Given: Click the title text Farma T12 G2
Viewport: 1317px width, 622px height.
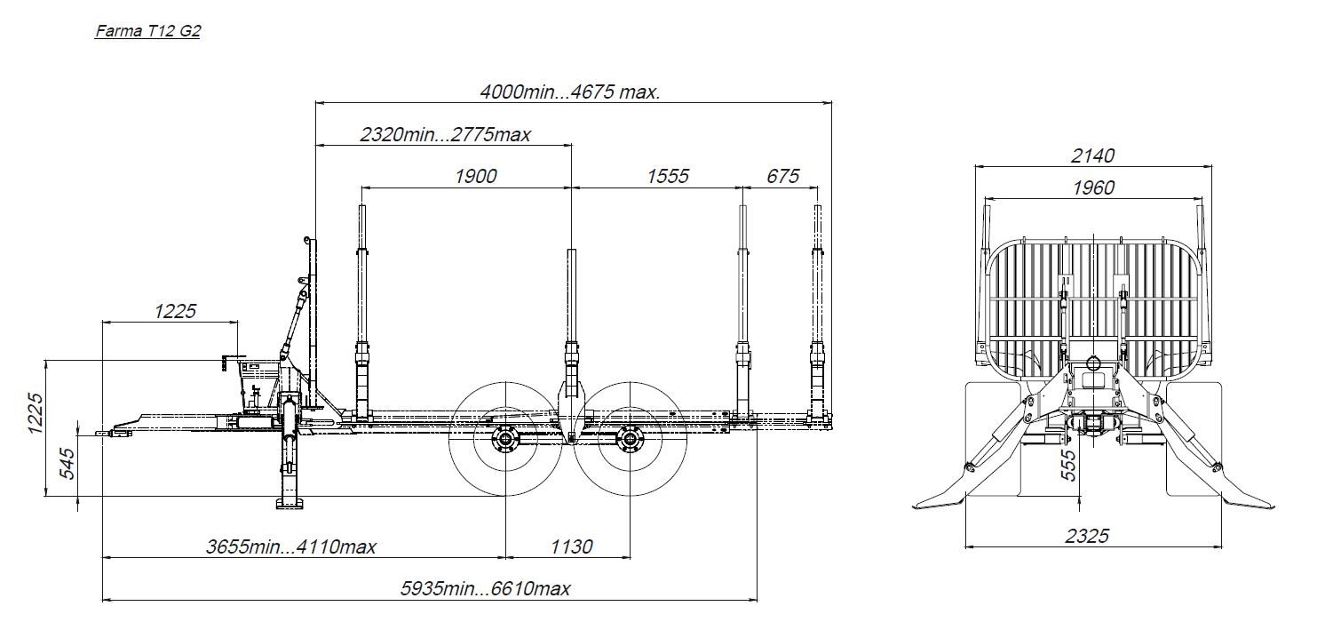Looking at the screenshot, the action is coord(147,30).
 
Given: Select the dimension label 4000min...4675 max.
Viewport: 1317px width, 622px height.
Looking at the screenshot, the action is coord(570,92).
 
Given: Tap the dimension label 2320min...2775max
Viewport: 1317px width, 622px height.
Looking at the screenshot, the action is coord(445,135).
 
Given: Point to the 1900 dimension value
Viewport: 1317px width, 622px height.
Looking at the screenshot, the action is coord(476,176).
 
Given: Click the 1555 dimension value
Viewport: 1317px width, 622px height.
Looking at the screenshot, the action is coord(667,176).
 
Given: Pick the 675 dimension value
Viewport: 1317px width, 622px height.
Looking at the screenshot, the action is coord(782,176).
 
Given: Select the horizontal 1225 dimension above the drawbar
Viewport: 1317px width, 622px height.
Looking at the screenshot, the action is coord(175,311).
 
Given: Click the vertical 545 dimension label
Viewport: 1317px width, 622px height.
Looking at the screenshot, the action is coord(67,464).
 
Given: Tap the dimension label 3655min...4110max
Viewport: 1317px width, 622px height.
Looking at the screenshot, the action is coord(290,546).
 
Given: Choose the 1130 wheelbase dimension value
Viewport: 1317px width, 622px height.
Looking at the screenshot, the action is coord(571,546).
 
